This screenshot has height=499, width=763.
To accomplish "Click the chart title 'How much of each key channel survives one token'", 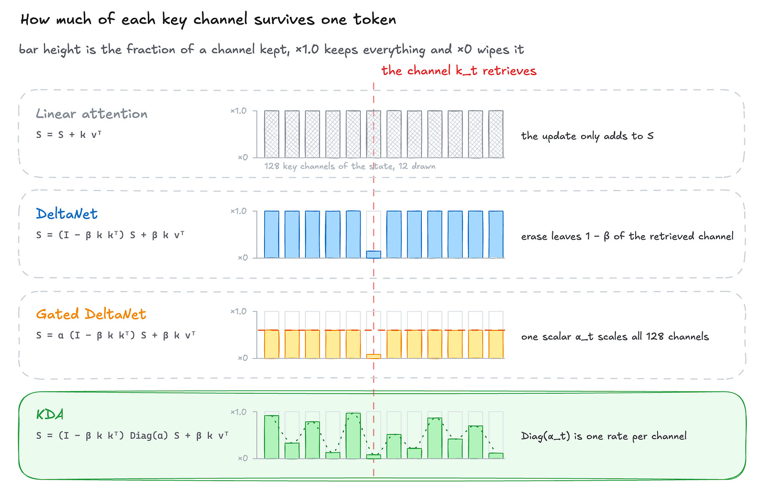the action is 208,19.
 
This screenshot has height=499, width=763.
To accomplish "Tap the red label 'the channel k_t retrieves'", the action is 459,71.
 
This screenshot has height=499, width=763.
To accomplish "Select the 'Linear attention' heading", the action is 92,114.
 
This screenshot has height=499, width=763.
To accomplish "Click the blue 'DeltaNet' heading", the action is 67,214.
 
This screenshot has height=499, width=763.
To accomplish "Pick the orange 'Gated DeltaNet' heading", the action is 91,314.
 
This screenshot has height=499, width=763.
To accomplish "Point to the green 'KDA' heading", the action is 50,414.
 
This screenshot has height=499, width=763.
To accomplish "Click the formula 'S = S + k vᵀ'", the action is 69,135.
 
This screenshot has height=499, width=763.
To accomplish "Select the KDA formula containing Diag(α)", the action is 132,436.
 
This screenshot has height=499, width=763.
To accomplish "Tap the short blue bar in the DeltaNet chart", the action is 374,254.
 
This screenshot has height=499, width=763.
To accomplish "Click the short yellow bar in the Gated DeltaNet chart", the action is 374,357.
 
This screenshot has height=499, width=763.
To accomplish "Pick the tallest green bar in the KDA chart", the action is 353,436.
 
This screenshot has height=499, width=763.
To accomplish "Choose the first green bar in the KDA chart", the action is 271,437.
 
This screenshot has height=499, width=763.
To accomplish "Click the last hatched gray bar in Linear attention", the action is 496,134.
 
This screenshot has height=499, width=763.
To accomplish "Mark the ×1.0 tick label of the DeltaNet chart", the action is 238,211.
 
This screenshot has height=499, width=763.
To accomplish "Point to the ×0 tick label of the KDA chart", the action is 243,458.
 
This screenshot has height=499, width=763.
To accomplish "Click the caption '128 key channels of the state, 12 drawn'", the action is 350,166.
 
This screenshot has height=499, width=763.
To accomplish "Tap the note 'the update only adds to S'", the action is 587,136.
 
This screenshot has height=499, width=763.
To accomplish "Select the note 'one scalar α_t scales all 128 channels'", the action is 615,336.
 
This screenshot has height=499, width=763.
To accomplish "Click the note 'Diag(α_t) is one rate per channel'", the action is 604,436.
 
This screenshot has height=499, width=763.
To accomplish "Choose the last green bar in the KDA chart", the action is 496,456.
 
